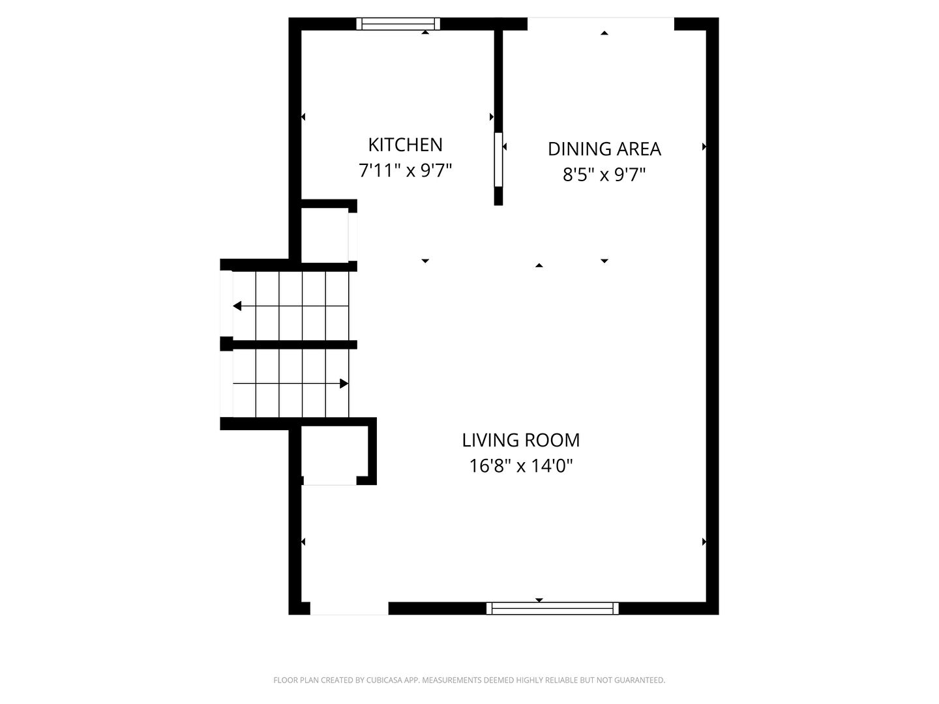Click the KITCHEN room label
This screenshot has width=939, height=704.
click(405, 145)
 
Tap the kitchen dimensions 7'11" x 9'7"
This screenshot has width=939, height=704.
click(405, 171)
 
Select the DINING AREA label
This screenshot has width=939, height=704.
click(604, 149)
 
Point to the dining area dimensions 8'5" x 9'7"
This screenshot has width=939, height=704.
click(604, 175)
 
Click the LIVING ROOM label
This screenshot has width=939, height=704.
click(520, 440)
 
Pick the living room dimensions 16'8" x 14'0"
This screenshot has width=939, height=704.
click(520, 465)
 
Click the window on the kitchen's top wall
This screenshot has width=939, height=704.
click(398, 23)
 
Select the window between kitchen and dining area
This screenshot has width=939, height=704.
click(498, 160)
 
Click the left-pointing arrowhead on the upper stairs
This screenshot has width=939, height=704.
click(237, 306)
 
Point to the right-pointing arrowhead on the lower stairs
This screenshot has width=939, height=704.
click(344, 383)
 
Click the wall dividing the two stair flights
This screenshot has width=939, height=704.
click(288, 345)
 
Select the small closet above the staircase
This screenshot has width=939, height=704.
click(325, 235)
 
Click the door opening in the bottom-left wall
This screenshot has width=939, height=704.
click(349, 608)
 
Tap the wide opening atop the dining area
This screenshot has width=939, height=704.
click(601, 24)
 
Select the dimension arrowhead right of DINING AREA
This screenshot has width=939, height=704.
click(704, 147)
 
